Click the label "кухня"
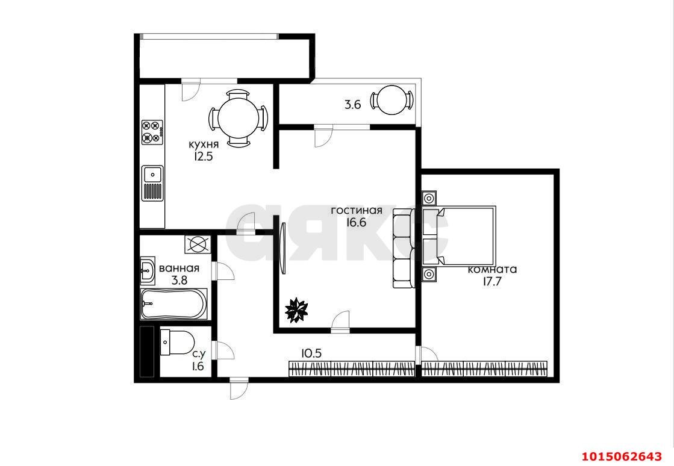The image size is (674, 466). coord(204,145)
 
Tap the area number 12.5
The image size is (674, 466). coord(204,157)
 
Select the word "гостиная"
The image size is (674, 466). coord(357,211)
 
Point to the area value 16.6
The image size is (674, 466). coord(357,222)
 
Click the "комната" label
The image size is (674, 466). coord(492,270)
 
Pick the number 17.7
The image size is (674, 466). coord(492,282)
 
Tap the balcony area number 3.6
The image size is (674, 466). coord(352,104)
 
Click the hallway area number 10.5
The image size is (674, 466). coord(311,353)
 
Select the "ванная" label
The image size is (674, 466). coord(179,269)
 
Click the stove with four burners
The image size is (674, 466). coord(152,131)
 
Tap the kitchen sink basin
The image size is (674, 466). coord(152,174)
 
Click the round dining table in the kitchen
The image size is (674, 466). coord(238,118)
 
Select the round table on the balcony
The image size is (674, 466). coord(392,100)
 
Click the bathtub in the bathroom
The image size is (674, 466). coord(174,303)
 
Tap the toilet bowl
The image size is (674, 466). coord(176,343)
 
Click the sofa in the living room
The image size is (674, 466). coord(404,248)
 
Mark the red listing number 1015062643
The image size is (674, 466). coord(622,455)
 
